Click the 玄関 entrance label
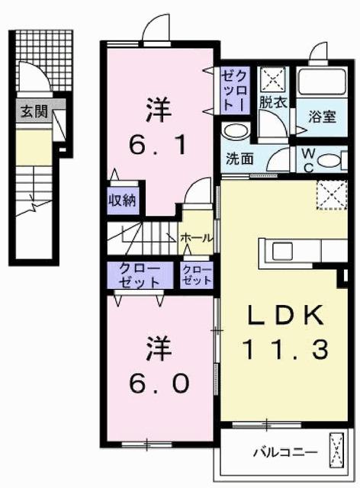pos(33,111)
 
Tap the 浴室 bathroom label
pos(323,117)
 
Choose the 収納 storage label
pos(122,201)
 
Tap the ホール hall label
pos(196,238)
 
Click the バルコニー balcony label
pos(285,452)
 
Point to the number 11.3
pos(285,350)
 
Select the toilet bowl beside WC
pos(329,160)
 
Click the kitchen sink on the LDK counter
pos(280,249)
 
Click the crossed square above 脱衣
pos(272,79)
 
